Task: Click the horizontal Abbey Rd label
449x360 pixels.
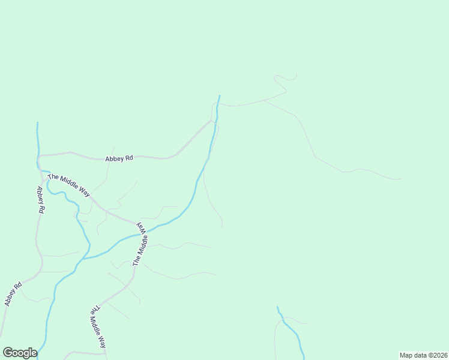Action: tap(118, 159)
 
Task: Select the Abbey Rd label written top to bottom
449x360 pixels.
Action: tap(40, 200)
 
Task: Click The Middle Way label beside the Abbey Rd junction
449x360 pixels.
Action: tap(68, 185)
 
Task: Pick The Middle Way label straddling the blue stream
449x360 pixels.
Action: tap(140, 244)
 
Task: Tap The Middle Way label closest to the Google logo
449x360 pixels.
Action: tap(98, 328)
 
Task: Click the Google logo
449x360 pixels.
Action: tap(20, 353)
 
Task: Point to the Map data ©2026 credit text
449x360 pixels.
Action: tap(423, 355)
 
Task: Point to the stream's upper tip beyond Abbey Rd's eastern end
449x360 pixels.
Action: tap(220, 95)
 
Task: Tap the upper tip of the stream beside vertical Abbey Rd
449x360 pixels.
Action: tap(37, 123)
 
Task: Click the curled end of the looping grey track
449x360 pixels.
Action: tap(295, 74)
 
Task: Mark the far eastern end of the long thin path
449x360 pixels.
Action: tap(401, 178)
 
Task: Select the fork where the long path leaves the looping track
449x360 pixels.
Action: tap(264, 100)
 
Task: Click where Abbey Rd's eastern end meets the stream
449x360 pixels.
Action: tap(214, 121)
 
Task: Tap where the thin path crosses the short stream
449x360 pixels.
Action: tap(286, 319)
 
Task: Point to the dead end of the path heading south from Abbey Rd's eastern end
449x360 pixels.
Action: tap(222, 227)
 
